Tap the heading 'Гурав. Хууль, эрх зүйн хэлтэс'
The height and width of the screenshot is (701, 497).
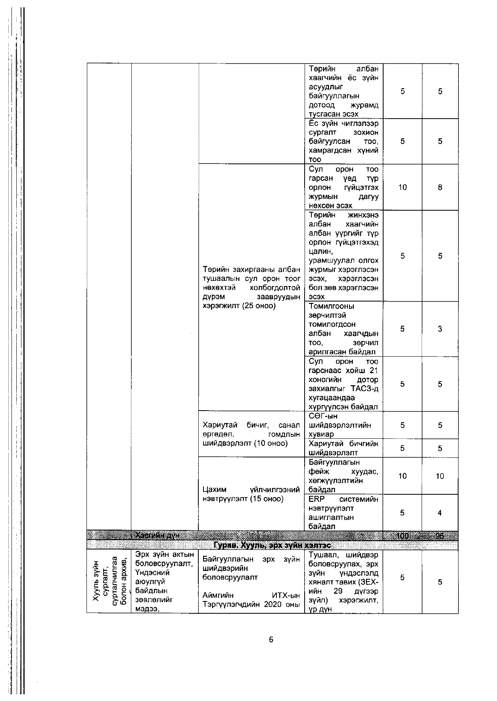pyautogui.click(x=272, y=545)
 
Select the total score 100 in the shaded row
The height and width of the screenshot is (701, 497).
pyautogui.click(x=402, y=536)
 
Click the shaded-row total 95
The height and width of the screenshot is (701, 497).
pyautogui.click(x=439, y=536)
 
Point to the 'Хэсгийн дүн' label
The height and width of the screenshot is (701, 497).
pyautogui.click(x=157, y=536)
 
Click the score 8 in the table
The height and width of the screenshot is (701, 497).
pyautogui.click(x=440, y=187)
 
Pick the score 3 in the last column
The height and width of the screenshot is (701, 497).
pyautogui.click(x=440, y=328)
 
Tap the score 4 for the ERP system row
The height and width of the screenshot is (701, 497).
pyautogui.click(x=440, y=513)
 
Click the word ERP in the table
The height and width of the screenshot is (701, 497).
pyautogui.click(x=316, y=499)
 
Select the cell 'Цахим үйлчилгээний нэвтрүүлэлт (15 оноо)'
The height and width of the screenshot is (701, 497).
pyautogui.click(x=251, y=494)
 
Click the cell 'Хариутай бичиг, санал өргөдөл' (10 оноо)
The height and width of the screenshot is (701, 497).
pyautogui.click(x=251, y=434)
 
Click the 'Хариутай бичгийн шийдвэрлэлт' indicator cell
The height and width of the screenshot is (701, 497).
pyautogui.click(x=343, y=448)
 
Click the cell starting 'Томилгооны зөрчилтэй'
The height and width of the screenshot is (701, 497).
pyautogui.click(x=343, y=328)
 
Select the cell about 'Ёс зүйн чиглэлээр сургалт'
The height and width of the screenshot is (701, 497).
pyautogui.click(x=343, y=141)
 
